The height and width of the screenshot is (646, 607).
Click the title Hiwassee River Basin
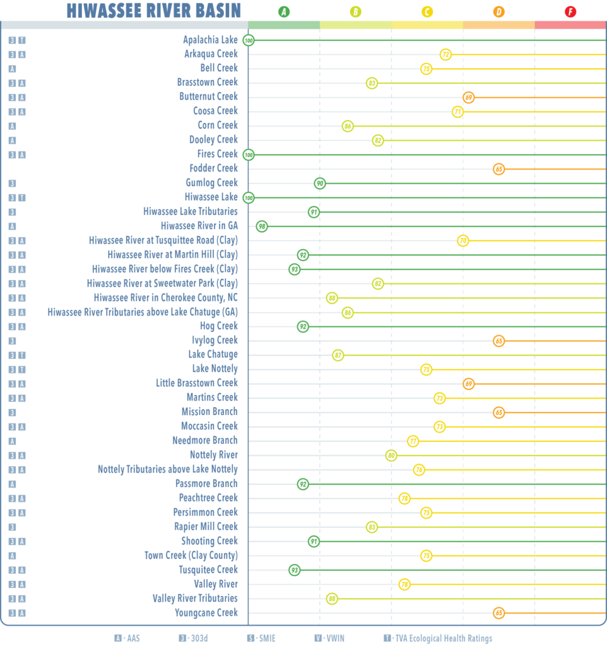click(153, 10)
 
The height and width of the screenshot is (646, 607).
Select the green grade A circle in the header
click(284, 11)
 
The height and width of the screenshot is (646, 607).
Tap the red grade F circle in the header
click(570, 11)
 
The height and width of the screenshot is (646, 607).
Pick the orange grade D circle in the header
click(499, 11)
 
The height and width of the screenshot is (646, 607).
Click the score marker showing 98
click(262, 226)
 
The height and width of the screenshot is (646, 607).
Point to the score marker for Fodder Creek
click(498, 169)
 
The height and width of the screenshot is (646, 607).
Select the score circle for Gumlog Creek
click(320, 183)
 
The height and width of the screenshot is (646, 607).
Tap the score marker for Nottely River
click(391, 455)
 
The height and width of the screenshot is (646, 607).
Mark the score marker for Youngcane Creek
click(498, 613)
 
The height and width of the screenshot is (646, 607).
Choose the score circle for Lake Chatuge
click(338, 355)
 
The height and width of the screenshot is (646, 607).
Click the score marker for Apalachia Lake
click(249, 40)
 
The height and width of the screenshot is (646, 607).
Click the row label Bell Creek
click(219, 68)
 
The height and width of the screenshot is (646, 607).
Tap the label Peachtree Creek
click(209, 498)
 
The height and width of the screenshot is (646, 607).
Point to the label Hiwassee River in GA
click(199, 226)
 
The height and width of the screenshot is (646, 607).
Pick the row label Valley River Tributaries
click(195, 598)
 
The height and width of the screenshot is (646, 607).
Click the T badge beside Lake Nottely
click(21, 369)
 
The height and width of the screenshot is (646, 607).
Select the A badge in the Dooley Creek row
click(12, 140)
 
